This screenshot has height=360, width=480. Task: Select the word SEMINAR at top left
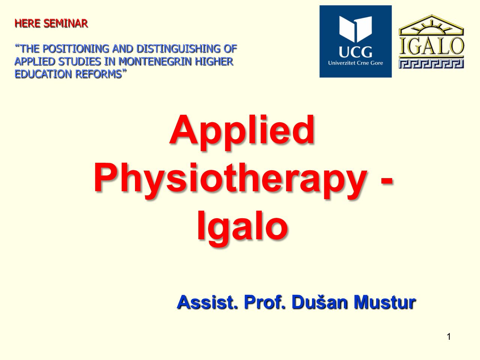click(66, 23)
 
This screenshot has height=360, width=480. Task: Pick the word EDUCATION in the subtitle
click(43, 74)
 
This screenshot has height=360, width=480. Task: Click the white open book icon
click(355, 29)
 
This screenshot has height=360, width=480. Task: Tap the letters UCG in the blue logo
click(355, 52)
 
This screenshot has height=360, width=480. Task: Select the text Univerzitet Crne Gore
click(355, 63)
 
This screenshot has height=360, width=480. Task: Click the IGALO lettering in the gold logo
click(431, 46)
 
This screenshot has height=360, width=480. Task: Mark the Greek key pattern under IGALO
click(431, 64)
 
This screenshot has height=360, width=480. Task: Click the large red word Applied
click(241, 132)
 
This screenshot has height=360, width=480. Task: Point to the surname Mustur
click(385, 303)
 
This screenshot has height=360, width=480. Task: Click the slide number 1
click(448, 337)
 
